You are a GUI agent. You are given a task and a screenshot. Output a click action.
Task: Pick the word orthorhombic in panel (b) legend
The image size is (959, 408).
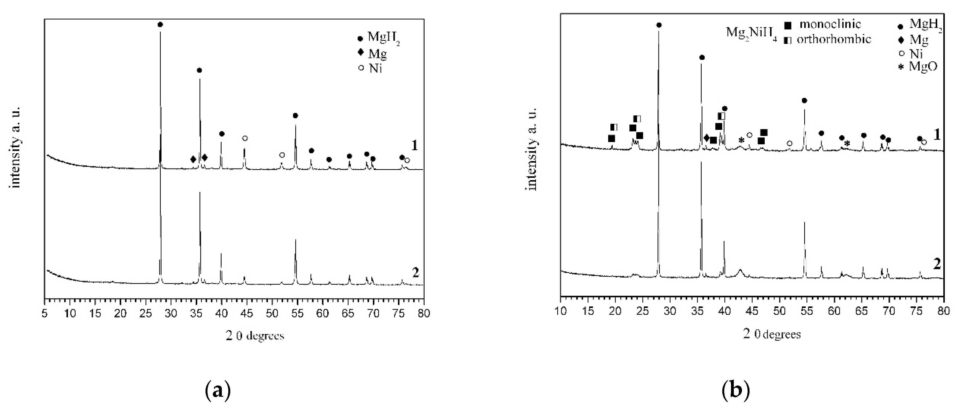tap(834, 39)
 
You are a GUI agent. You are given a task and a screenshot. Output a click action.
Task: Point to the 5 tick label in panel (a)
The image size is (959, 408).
tap(45, 313)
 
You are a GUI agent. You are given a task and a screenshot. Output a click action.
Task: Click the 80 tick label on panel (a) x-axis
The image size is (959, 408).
tap(424, 313)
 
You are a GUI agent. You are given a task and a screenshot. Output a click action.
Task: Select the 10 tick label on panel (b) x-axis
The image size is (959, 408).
tap(561, 311)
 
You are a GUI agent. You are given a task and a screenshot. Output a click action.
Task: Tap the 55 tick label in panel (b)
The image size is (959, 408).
tap(807, 311)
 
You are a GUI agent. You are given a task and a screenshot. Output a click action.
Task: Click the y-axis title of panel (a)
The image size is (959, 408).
tap(16, 147)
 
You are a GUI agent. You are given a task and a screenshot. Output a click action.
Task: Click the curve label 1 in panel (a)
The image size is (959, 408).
tap(414, 145)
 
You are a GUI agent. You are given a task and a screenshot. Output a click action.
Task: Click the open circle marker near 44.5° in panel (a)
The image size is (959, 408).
tap(245, 138)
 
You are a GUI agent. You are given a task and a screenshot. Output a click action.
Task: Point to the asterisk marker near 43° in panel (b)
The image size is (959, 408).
tap(741, 140)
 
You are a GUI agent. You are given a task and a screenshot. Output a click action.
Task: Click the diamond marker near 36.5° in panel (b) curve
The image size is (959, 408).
tap(706, 138)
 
